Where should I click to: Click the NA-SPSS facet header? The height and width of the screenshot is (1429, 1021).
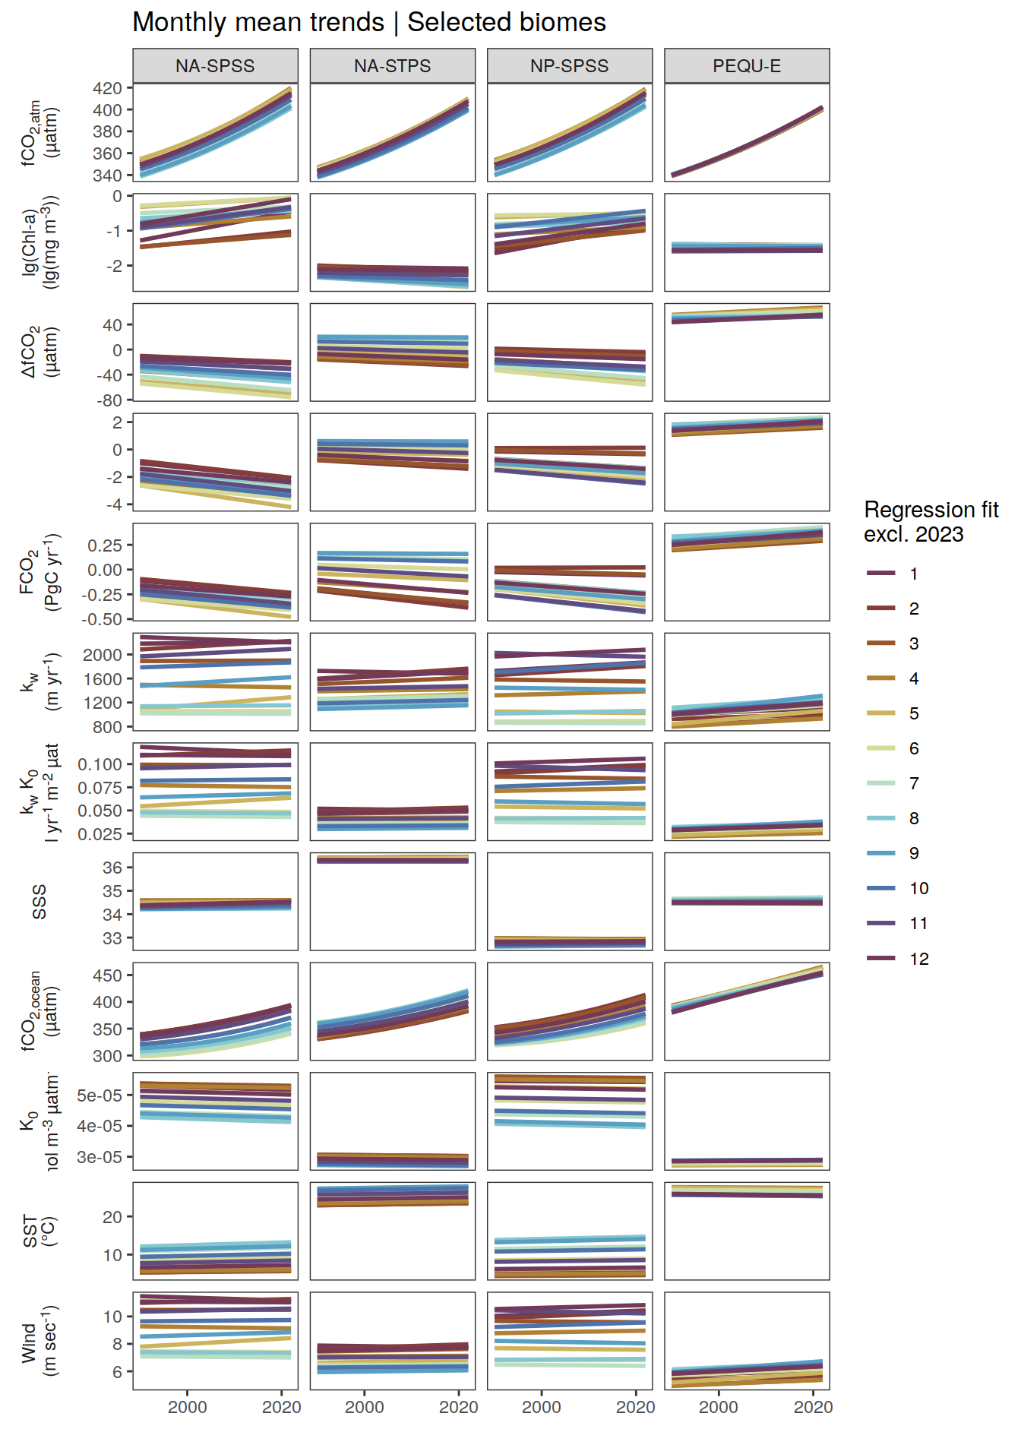(215, 66)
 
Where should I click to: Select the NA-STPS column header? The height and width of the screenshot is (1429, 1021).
(392, 66)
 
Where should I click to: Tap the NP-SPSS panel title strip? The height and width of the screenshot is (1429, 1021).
(569, 66)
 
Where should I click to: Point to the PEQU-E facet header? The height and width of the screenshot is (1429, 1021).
(746, 66)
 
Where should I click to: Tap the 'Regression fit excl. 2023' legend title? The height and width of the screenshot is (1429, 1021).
(931, 522)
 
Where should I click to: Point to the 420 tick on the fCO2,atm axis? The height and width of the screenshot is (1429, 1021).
(107, 88)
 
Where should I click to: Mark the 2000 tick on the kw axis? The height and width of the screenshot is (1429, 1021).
(103, 655)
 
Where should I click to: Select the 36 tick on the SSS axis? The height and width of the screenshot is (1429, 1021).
(112, 868)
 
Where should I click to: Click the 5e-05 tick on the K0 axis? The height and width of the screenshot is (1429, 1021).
(100, 1095)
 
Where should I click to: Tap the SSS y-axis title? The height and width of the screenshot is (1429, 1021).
(40, 902)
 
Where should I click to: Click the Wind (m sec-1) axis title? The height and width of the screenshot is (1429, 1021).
(40, 1341)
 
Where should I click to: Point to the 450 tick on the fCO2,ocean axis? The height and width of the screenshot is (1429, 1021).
(107, 975)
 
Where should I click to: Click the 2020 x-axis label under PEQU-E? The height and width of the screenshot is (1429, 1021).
(813, 1407)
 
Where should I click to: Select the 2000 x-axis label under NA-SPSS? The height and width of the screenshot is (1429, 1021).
(187, 1407)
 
